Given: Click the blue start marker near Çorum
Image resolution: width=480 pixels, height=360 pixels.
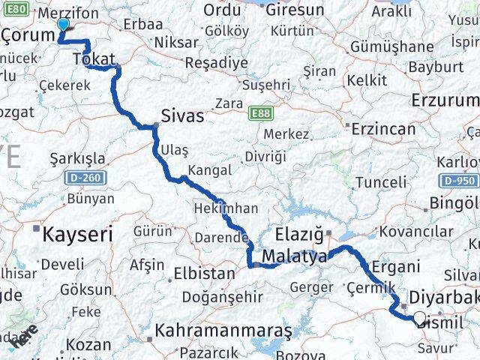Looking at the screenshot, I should (x=63, y=24).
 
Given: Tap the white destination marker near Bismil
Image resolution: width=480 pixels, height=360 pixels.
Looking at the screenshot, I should (x=419, y=318).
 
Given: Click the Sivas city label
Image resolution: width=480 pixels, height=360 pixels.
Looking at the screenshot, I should (x=182, y=117).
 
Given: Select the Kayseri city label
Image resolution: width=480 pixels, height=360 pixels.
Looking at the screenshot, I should (x=78, y=234).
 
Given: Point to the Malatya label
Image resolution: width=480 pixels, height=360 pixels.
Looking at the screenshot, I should (x=295, y=256).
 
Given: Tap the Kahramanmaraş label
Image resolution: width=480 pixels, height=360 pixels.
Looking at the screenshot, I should (x=213, y=330).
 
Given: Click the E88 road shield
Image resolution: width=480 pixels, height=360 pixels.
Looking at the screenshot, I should (x=260, y=113).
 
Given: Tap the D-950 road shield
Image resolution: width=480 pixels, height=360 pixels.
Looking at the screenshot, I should (x=460, y=181).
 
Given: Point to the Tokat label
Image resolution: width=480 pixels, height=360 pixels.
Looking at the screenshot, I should (x=93, y=58).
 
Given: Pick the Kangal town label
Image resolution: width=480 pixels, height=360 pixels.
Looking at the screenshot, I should (x=209, y=170).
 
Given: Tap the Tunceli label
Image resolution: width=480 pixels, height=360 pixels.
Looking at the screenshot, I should (x=380, y=182).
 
